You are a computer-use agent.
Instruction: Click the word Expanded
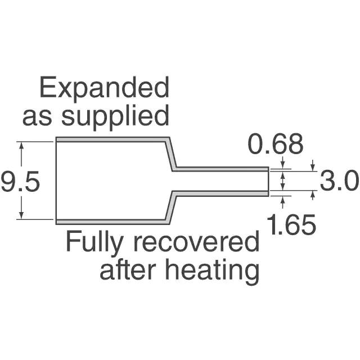(x=104, y=89)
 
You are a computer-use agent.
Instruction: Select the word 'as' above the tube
(x=39, y=117)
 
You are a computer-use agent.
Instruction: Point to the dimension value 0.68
(x=276, y=145)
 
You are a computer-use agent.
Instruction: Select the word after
(x=125, y=271)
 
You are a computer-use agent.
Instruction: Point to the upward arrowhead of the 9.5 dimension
(x=22, y=145)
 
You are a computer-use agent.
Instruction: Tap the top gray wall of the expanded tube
(x=112, y=139)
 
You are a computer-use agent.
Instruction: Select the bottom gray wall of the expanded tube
(x=112, y=221)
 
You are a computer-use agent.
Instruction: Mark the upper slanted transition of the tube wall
(x=172, y=154)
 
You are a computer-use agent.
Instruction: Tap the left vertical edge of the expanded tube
(x=56, y=180)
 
